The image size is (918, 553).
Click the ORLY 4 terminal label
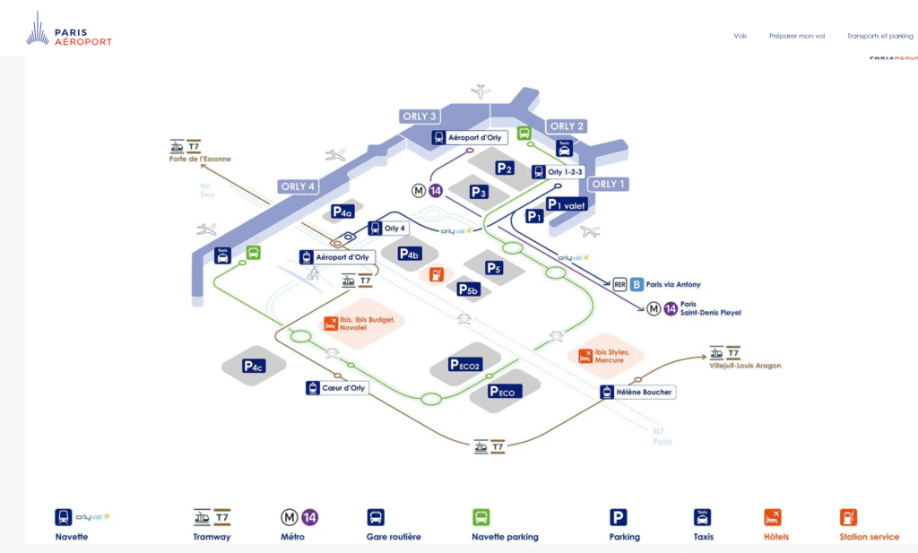[299, 186]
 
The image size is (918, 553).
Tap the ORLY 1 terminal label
[608, 184]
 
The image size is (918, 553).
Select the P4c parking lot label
[254, 367]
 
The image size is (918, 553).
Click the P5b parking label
[469, 289]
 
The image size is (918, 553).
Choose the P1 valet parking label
[566, 204]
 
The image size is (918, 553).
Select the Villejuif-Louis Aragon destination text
[745, 366]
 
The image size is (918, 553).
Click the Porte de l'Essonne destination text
[200, 160]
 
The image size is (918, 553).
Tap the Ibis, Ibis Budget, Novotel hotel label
[366, 323]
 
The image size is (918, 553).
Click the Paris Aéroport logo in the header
[69, 32]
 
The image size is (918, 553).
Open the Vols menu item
[740, 36]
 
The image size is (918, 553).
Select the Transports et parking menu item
[879, 36]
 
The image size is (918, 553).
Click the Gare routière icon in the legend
[376, 517]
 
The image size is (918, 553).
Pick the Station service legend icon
[848, 517]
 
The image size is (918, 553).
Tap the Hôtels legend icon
[772, 517]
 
